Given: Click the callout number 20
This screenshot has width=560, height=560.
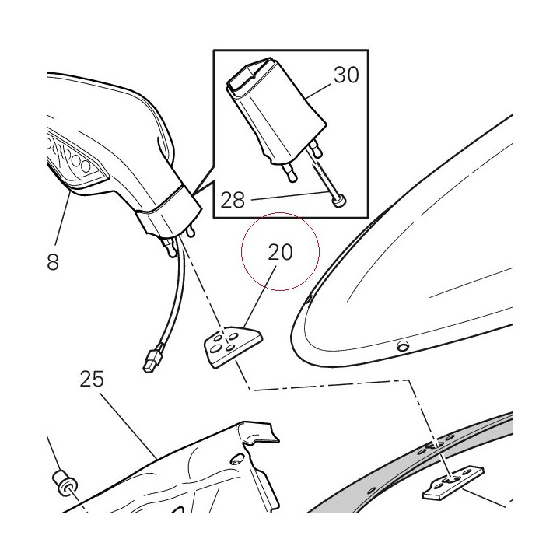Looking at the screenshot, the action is tap(280, 252).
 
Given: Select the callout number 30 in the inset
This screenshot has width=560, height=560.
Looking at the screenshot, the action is tap(346, 75).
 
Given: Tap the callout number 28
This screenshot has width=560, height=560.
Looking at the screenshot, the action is tap(233, 200).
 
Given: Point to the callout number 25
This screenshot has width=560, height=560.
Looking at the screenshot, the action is tap(92, 379).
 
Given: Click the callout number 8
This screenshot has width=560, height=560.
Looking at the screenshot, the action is tap(53, 263).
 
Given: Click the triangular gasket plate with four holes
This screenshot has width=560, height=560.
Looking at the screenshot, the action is tap(233, 346).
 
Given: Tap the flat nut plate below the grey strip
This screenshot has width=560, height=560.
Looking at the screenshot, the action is tap(453, 482).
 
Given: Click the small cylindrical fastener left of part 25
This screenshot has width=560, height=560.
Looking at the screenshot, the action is tap(65, 483).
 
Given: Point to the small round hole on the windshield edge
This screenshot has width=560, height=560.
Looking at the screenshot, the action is tap(404, 345).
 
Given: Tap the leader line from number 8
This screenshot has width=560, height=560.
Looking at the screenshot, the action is tap(63, 217).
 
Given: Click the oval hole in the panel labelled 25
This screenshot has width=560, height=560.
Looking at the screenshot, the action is tap(237, 459).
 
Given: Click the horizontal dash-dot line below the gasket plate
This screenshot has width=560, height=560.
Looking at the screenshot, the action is tap(331, 385).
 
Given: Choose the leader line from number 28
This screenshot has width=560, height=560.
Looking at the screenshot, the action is tap(290, 196).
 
